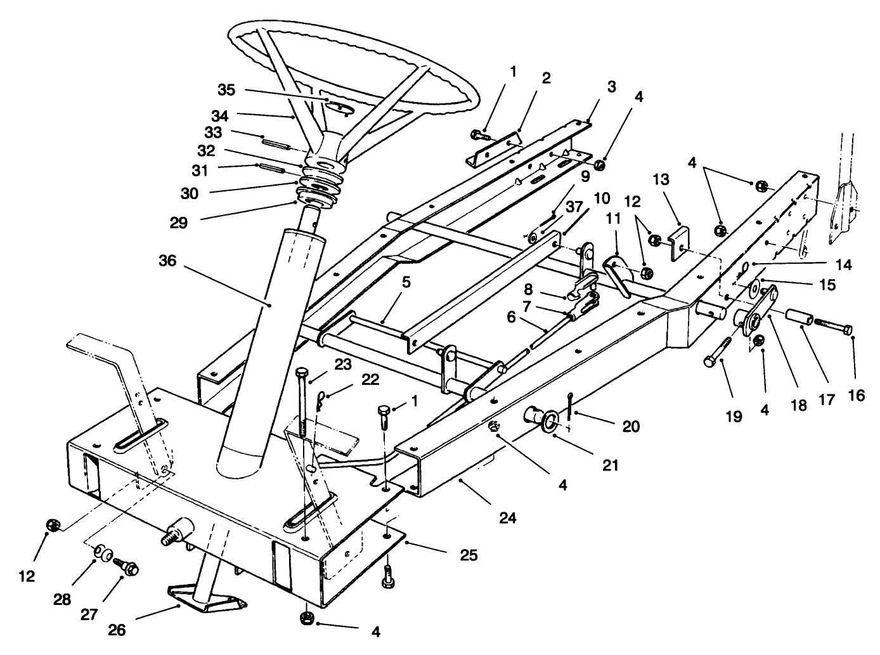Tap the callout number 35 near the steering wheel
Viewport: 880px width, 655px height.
(226, 90)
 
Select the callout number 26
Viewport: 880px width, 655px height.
(117, 630)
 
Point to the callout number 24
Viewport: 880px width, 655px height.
(508, 518)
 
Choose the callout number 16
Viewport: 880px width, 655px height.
(855, 395)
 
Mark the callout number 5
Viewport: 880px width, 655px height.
(406, 282)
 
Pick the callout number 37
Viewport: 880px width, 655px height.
(574, 207)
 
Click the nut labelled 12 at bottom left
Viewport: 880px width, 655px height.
(54, 525)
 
